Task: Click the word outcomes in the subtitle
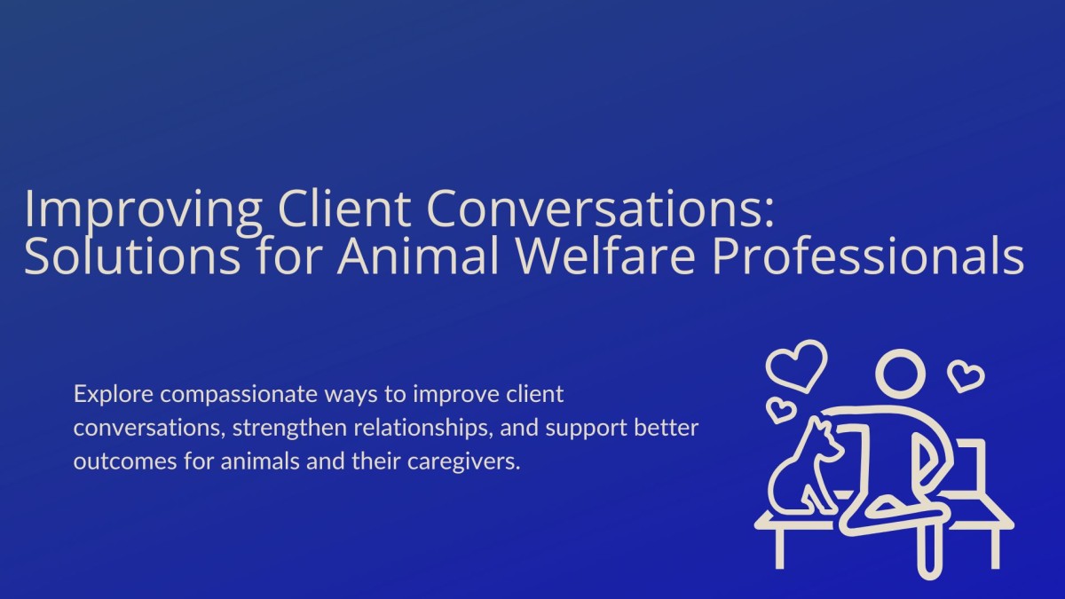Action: (x=114, y=463)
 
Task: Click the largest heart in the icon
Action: (x=796, y=365)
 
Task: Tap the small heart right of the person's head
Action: (x=966, y=376)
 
